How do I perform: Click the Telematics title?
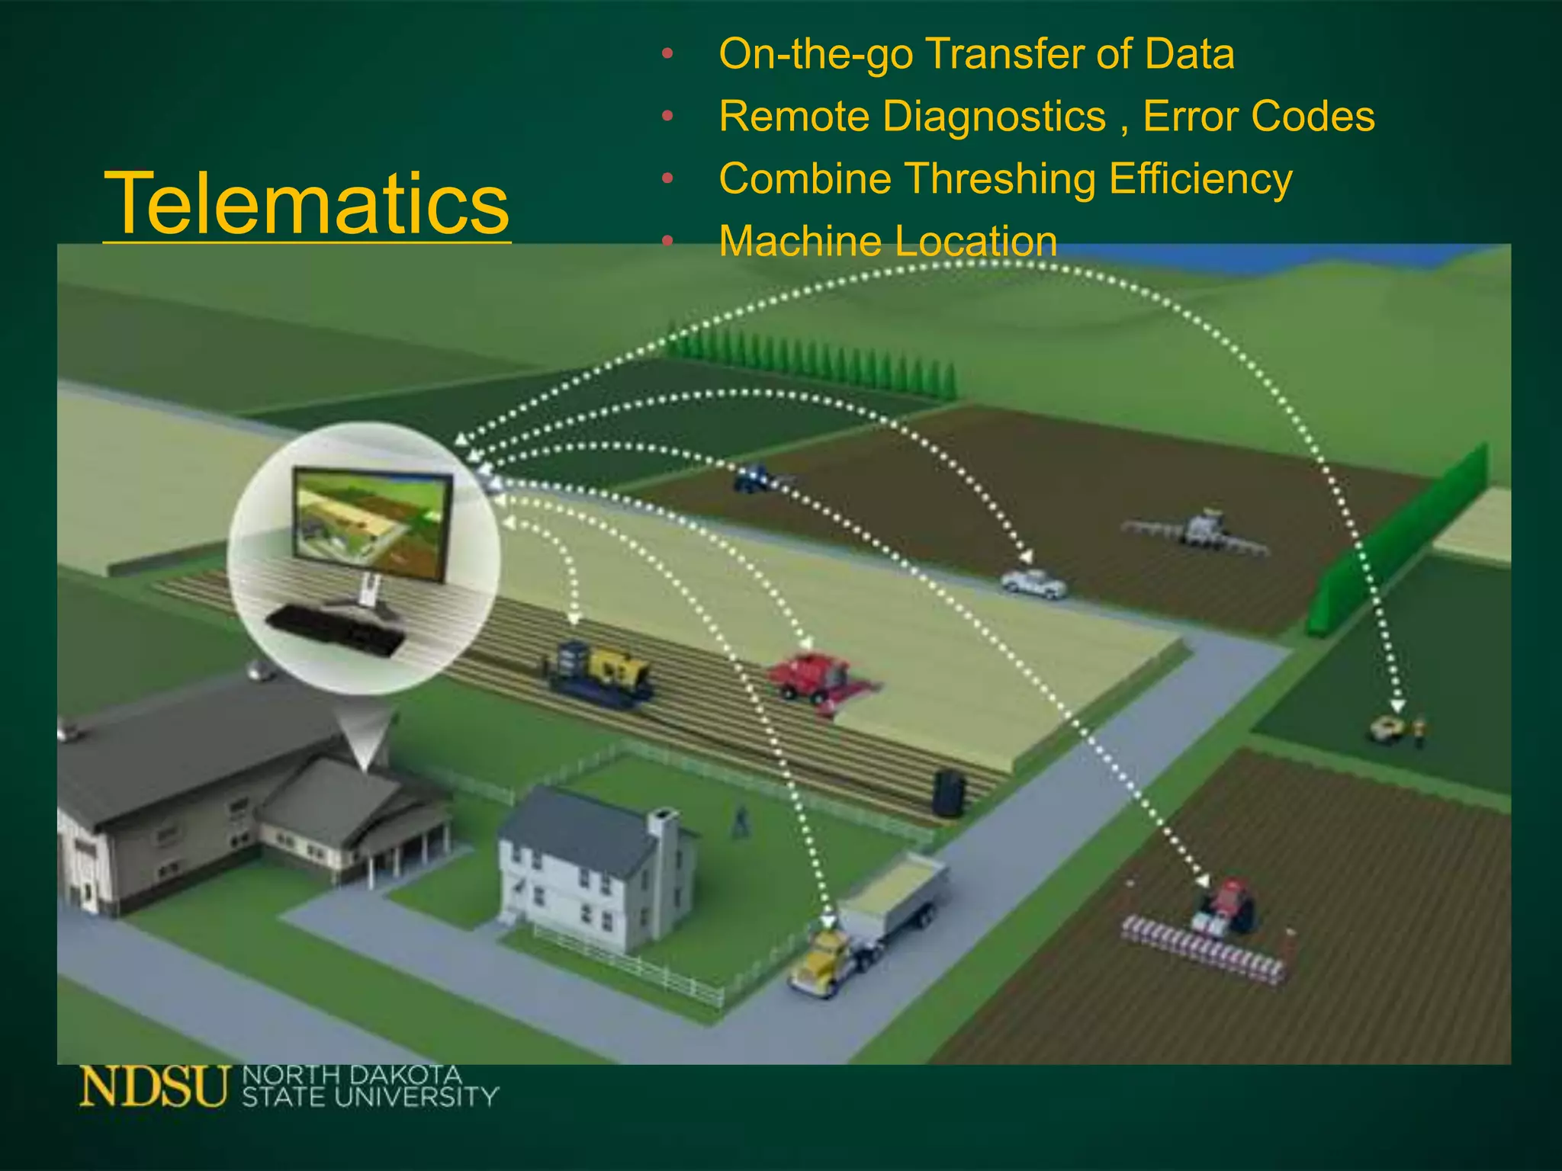[x=307, y=203]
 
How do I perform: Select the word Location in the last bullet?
[x=975, y=242]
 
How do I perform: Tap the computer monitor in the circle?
[x=372, y=524]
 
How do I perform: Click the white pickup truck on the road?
[x=1033, y=582]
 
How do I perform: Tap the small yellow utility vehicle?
[x=1387, y=729]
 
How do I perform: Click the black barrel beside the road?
[x=948, y=793]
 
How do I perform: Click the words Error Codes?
[x=1258, y=117]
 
